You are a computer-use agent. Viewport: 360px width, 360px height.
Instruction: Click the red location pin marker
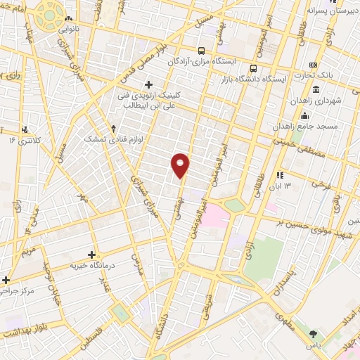click(x=181, y=165)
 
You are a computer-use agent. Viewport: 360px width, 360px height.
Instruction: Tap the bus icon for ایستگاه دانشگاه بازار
click(x=253, y=68)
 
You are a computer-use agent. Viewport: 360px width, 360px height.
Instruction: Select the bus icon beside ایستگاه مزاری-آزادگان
click(x=202, y=51)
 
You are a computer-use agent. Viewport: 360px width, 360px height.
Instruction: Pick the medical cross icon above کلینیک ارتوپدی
click(x=148, y=85)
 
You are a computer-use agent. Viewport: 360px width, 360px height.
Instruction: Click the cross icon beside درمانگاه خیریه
click(x=91, y=255)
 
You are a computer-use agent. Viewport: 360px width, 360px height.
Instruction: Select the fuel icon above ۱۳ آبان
click(x=280, y=175)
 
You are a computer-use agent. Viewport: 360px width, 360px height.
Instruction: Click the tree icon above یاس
click(x=313, y=335)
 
